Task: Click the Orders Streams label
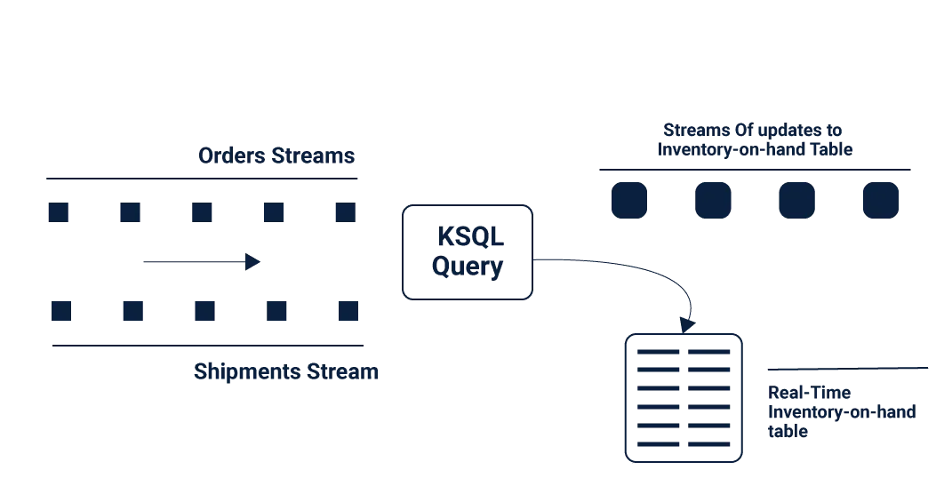tap(276, 155)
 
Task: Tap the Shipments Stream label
tap(284, 372)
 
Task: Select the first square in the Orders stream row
tap(59, 212)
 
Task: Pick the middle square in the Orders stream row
tap(202, 212)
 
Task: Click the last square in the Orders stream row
tap(344, 212)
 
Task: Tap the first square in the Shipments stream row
tap(60, 312)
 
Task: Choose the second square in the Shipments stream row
tap(132, 312)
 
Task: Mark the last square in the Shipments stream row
tap(348, 312)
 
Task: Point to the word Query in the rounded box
tap(468, 265)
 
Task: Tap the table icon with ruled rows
tap(683, 397)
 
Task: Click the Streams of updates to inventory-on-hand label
tap(755, 140)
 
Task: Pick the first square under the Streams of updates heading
tap(629, 201)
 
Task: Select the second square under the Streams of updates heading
tap(711, 201)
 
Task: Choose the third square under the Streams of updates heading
tap(795, 201)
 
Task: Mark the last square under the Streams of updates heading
tap(880, 201)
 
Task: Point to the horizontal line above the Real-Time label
tap(844, 366)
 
